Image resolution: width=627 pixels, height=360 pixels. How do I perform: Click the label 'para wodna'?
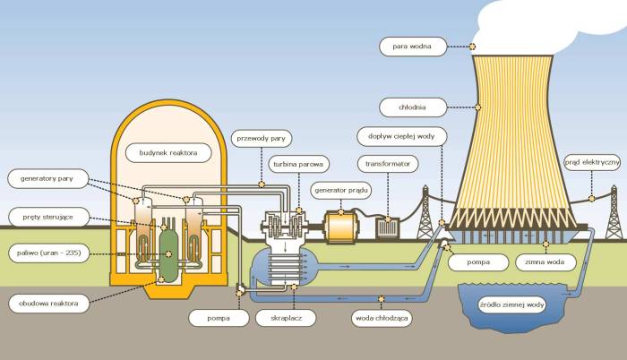coord(413,46)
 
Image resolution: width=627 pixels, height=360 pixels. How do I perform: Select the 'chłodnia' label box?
coord(413,107)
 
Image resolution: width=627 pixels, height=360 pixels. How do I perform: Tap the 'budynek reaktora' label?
coord(168,153)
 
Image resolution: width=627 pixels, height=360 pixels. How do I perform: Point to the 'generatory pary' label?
coord(47,179)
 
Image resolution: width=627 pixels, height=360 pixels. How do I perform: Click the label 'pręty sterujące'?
coord(47,216)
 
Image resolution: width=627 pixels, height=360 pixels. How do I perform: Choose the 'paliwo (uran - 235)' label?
coord(47,253)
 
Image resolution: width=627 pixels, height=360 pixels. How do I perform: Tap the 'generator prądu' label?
coord(340,190)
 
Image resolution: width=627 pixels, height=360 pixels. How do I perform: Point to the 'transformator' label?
coord(388,164)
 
